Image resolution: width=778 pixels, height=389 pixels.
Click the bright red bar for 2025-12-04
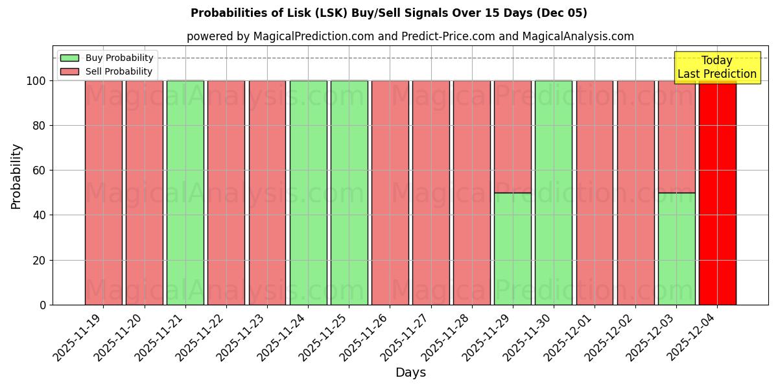click(x=717, y=194)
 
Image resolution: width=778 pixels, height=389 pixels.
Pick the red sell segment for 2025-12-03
click(x=676, y=136)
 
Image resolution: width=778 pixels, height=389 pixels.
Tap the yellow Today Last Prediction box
click(x=716, y=67)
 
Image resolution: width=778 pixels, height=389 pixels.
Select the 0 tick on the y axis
click(x=42, y=305)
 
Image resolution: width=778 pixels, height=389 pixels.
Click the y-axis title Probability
click(x=16, y=176)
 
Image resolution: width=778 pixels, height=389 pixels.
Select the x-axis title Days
click(x=410, y=372)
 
